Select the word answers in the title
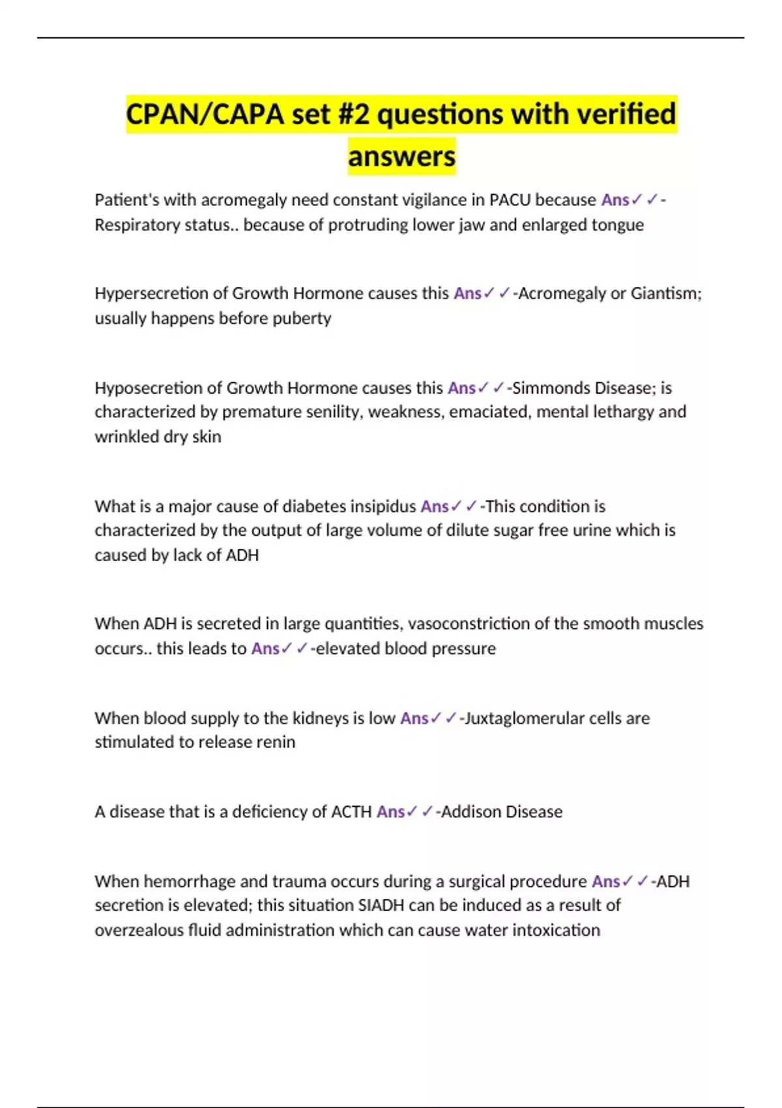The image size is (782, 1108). tap(401, 156)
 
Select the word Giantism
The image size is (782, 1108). tap(665, 293)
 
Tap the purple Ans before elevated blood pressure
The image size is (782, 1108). tap(265, 649)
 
